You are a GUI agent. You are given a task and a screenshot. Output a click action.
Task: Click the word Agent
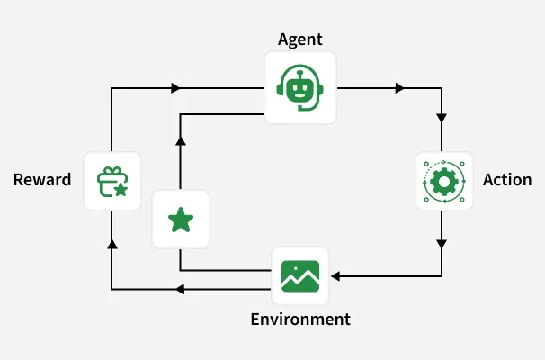300,39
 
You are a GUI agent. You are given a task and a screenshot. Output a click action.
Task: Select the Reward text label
42,180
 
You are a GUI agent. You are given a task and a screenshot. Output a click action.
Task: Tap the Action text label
507,180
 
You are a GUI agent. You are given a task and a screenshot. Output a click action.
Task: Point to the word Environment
300,319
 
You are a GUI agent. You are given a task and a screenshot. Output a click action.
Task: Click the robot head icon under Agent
299,87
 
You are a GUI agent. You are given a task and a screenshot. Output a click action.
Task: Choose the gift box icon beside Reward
112,181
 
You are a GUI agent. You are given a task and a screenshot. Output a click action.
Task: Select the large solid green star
181,220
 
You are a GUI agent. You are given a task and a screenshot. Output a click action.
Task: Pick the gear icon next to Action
443,181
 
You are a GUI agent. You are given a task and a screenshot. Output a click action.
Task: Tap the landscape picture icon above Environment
300,275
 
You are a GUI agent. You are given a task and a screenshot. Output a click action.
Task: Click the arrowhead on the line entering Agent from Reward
175,88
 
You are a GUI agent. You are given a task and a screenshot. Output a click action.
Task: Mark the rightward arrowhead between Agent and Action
399,88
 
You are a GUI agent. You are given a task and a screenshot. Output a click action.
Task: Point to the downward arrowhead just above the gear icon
442,118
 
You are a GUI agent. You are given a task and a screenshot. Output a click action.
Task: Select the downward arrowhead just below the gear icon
442,243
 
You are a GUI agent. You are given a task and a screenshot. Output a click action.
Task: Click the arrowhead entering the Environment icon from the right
335,275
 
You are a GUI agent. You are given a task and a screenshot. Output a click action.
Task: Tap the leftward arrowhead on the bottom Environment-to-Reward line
179,289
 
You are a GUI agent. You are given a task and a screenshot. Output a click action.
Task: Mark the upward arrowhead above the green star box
181,140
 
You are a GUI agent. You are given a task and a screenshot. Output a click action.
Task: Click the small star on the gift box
120,189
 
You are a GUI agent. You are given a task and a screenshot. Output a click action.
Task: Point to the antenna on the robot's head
299,70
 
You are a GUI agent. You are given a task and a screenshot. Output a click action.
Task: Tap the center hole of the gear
443,181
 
